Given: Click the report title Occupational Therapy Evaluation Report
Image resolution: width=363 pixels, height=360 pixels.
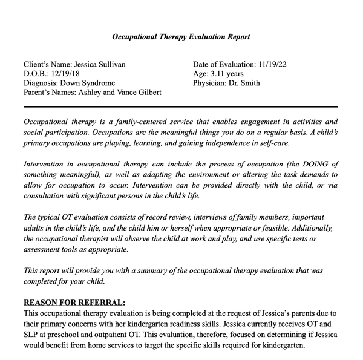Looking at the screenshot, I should coord(181,37).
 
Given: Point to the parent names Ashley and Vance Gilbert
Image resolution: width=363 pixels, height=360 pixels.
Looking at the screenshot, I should coord(125,93).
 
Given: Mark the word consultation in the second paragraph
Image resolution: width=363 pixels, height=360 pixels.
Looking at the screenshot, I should coord(47,195).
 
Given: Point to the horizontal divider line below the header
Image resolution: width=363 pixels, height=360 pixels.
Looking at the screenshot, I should coord(181,107).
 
